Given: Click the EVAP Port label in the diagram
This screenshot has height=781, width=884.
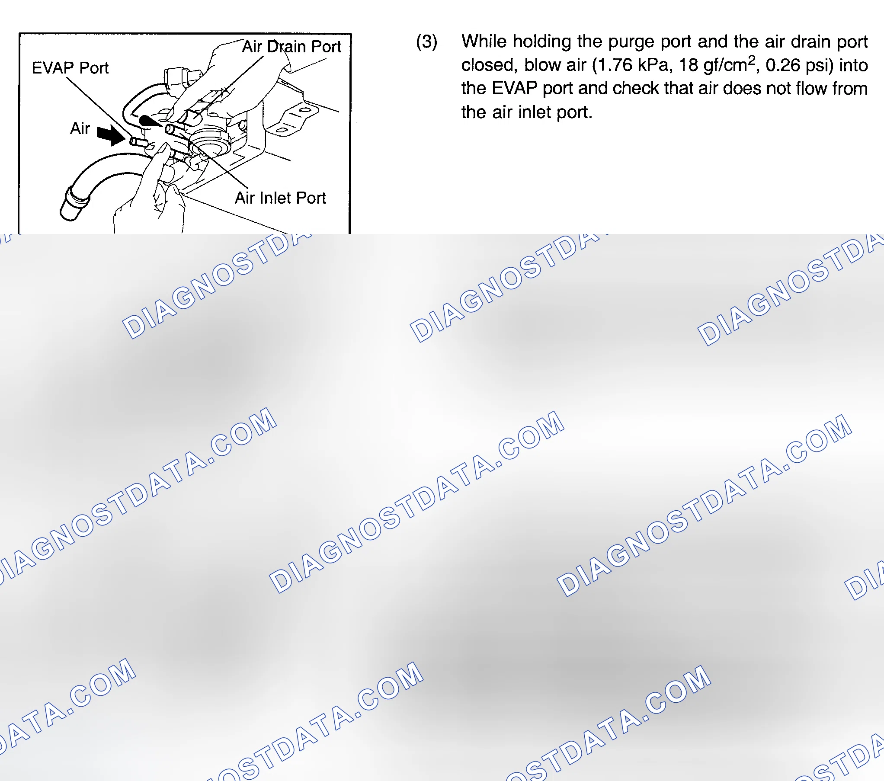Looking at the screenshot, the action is pos(70,68).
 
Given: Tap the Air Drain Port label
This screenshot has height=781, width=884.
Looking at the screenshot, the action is pos(291,46).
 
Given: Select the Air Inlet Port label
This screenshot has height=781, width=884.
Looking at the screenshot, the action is pos(280,198).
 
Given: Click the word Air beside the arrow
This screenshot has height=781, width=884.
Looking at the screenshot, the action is pos(80,128).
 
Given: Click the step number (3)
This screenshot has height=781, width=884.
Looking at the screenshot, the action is pos(426,42).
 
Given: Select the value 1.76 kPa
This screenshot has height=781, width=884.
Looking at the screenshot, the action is pos(634,65).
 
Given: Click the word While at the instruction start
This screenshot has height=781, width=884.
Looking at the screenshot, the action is pos(484,41).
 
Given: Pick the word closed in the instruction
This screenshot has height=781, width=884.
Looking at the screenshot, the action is pos(487,65).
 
